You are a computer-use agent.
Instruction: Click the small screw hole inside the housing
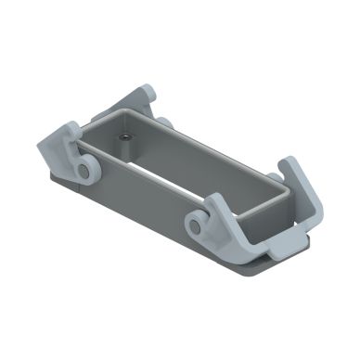click(x=124, y=137)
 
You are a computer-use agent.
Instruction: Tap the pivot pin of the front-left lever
click(x=85, y=171)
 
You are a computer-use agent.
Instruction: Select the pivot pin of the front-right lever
click(x=197, y=223)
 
